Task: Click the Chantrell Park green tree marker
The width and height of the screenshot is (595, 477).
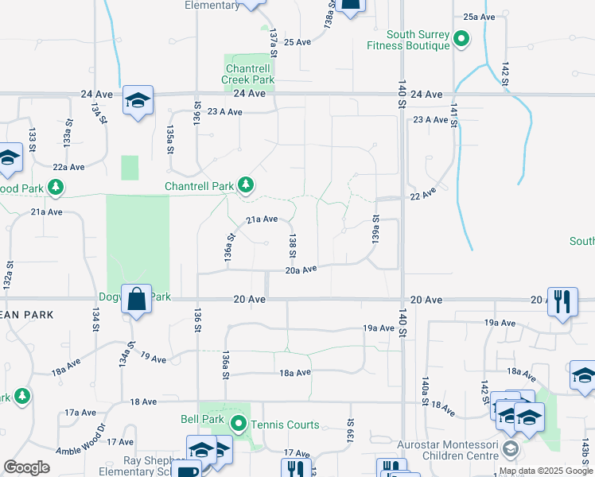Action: point(247,186)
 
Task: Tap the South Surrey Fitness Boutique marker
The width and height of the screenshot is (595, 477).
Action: point(461,39)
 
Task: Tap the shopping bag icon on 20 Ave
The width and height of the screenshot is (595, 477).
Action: point(137,299)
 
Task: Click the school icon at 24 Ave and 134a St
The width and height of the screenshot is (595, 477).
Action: point(138,100)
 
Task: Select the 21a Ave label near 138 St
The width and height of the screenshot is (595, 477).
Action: point(261,219)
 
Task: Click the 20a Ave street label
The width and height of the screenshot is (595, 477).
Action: point(301,270)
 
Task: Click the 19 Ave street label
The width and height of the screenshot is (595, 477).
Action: point(154,359)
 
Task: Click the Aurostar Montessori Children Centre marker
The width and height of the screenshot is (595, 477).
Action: point(509,450)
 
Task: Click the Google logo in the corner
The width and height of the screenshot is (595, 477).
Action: point(26,467)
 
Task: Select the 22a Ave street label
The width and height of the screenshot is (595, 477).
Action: point(68,167)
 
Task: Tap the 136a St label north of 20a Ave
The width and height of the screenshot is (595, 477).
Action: point(228,248)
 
